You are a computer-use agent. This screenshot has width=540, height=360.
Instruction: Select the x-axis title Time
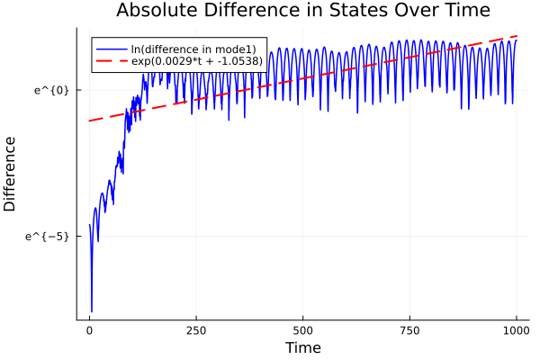pyautogui.click(x=302, y=347)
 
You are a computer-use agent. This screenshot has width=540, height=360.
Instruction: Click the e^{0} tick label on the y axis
pyautogui.click(x=53, y=90)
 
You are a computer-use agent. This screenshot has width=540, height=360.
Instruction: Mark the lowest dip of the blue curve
pyautogui.click(x=92, y=311)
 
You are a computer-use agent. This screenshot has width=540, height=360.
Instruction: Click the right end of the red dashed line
pyautogui.click(x=517, y=36)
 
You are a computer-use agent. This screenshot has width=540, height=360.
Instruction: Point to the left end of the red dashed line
pyautogui.click(x=89, y=121)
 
